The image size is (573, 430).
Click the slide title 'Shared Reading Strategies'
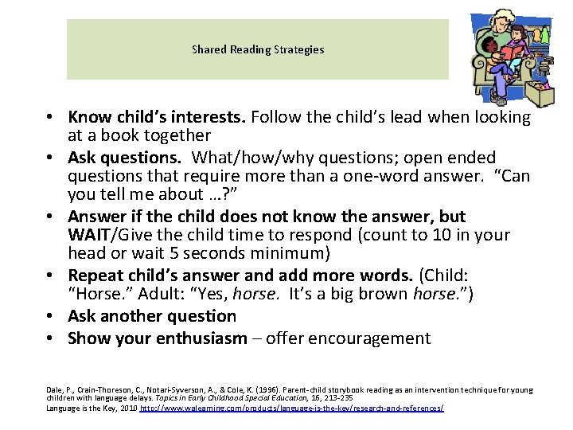pos(258,49)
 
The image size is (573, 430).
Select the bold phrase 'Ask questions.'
pos(123,158)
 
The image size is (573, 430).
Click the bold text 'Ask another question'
pos(152,316)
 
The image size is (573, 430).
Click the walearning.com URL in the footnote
pos(291,408)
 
